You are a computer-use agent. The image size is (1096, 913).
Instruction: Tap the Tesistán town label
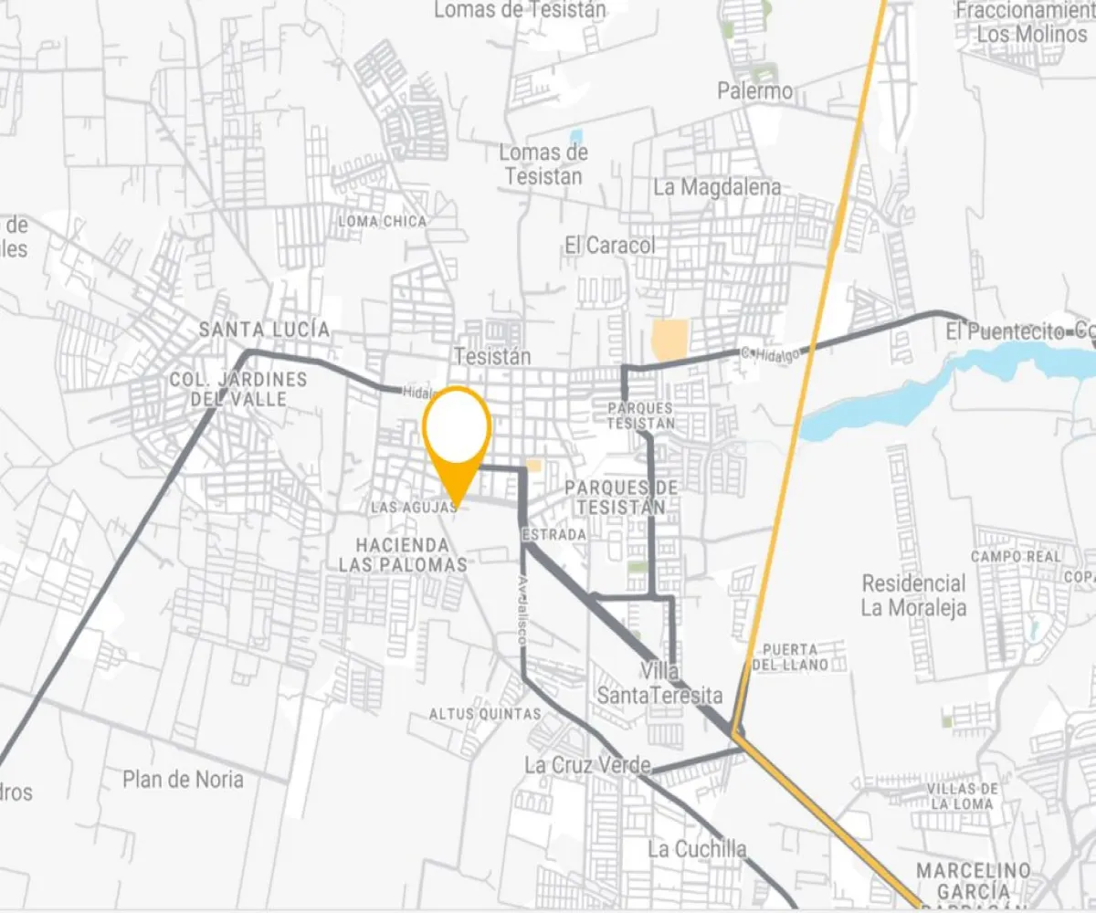(x=492, y=356)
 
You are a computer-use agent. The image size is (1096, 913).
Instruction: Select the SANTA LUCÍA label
(x=265, y=330)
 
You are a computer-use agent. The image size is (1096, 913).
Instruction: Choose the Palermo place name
(x=755, y=91)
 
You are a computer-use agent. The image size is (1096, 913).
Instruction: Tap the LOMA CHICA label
(x=383, y=221)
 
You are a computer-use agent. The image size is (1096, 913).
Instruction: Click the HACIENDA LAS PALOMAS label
(x=403, y=555)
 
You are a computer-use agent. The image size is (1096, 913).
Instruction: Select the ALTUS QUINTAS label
(x=485, y=714)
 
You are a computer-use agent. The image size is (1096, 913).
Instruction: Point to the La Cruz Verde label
(x=587, y=765)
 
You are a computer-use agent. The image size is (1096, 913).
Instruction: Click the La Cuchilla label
(x=697, y=849)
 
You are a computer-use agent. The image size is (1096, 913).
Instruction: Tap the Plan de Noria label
(x=184, y=780)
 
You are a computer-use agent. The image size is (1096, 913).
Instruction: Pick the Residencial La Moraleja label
(x=913, y=595)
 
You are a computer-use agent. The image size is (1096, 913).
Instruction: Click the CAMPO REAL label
(x=1016, y=556)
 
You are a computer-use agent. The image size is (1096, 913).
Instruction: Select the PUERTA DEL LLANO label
(x=790, y=656)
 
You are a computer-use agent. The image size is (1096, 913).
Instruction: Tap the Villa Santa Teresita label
(x=659, y=684)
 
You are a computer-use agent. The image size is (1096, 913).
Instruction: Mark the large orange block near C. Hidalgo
(x=670, y=340)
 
